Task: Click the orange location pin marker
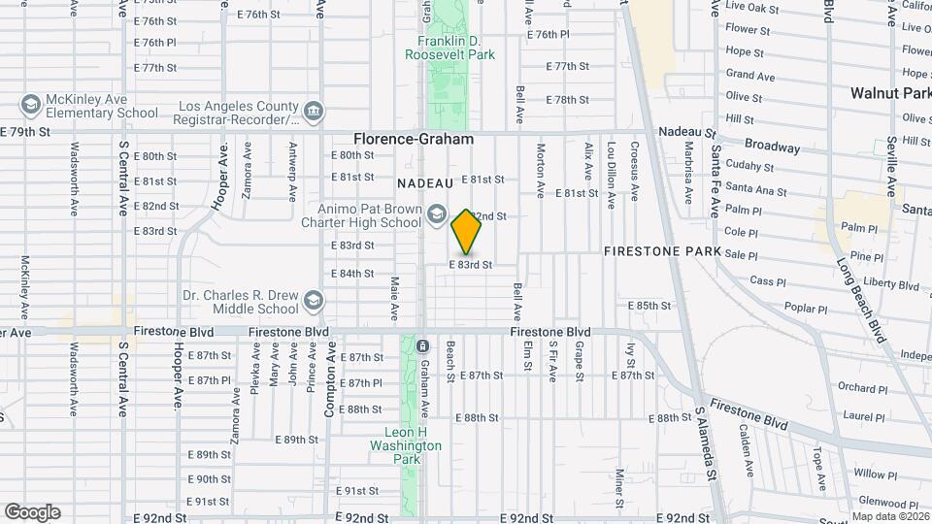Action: (x=467, y=232)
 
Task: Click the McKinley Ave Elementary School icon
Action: (x=30, y=104)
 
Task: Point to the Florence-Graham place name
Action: (x=414, y=140)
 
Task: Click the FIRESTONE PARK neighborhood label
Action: (x=662, y=251)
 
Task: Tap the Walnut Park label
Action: (x=890, y=94)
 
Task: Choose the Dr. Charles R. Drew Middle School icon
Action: (x=313, y=302)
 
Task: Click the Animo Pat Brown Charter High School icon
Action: (x=437, y=214)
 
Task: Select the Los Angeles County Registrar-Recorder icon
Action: (x=313, y=113)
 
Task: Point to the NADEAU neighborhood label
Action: (x=425, y=182)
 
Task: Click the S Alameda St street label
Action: (x=706, y=443)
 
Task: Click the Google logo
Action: (x=32, y=512)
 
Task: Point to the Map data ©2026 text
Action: (x=889, y=516)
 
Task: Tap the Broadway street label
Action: (x=772, y=147)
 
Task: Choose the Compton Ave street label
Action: (x=329, y=384)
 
